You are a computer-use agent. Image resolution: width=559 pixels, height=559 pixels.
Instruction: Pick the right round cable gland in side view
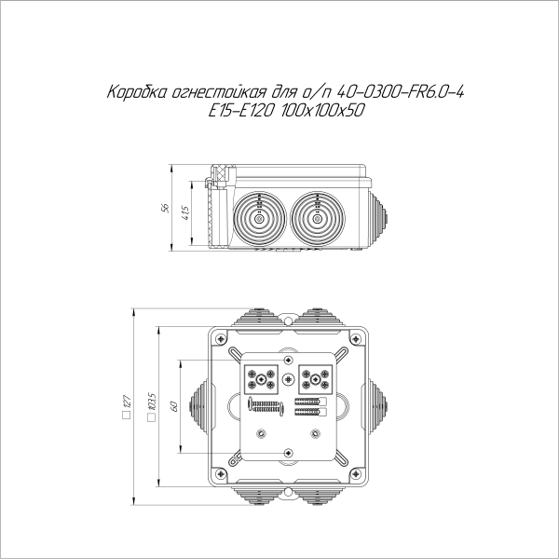[317, 219]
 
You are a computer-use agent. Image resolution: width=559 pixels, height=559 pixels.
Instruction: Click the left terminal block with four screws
[258, 379]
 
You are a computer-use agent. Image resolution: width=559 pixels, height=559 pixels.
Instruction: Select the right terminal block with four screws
[314, 379]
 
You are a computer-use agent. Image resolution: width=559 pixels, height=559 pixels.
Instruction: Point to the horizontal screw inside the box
[266, 407]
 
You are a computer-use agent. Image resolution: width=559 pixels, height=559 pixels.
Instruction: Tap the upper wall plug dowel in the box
[310, 401]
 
